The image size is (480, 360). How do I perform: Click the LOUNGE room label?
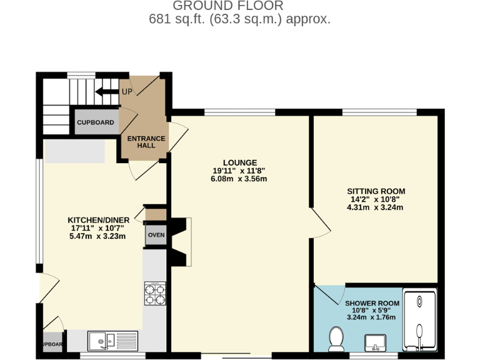(x=239, y=162)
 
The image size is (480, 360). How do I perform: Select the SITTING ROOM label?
(x=376, y=191)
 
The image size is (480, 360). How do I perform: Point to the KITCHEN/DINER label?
(x=98, y=220)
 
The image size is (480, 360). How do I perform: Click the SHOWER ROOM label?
(x=372, y=303)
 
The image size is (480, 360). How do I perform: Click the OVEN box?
(x=156, y=235)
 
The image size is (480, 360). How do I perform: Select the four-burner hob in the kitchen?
(x=155, y=293)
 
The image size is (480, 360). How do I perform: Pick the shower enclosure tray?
(x=421, y=320)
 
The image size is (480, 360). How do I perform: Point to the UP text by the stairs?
(x=127, y=92)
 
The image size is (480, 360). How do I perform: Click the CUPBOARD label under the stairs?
(x=96, y=122)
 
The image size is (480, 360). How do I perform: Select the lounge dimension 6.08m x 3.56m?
(x=239, y=179)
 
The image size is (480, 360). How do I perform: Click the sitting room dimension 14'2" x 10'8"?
(x=375, y=199)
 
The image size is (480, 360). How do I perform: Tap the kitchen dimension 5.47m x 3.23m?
(x=98, y=236)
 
